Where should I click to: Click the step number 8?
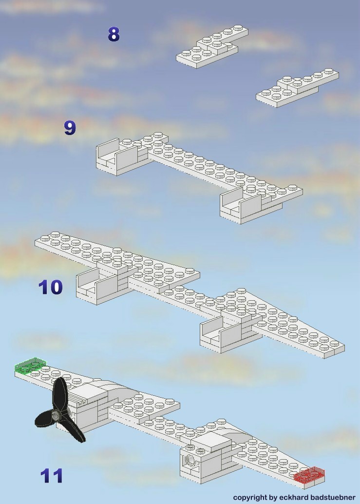114,35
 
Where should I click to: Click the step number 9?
70,128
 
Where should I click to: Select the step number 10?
51,287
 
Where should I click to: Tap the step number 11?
52,476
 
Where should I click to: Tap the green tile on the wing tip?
30,366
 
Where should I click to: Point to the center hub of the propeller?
57,415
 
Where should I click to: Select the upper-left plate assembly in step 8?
212,47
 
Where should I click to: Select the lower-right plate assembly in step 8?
297,88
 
